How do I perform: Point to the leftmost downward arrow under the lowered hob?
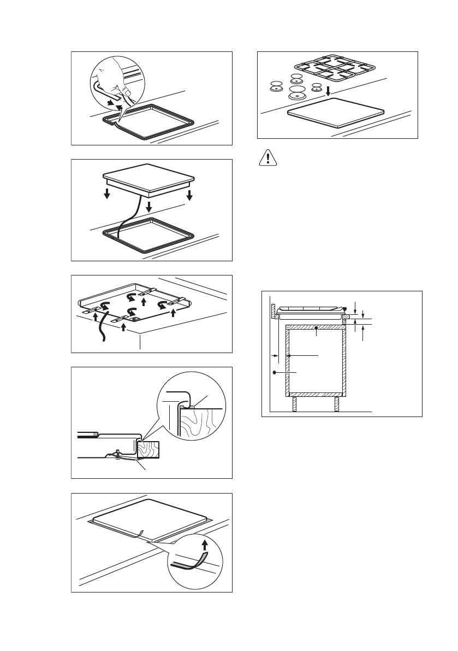pyautogui.click(x=108, y=193)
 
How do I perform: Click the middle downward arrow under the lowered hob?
pyautogui.click(x=148, y=208)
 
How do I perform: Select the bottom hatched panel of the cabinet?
pyautogui.click(x=316, y=394)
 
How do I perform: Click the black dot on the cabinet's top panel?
pyautogui.click(x=317, y=329)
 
